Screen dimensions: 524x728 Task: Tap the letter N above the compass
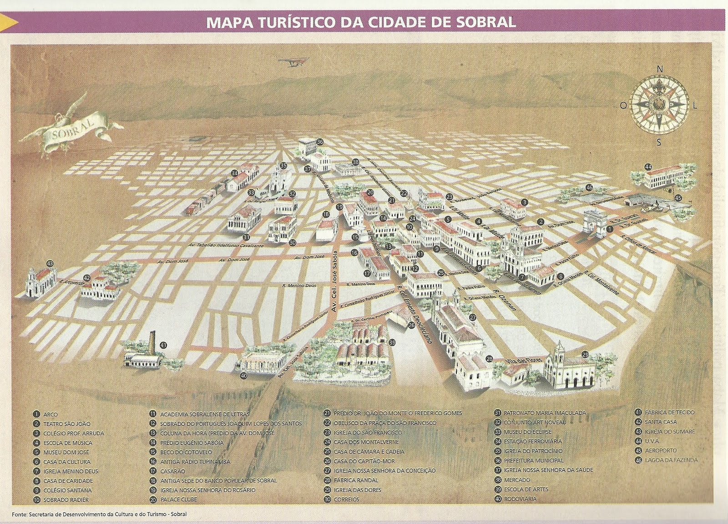658,69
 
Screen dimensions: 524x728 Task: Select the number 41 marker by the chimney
163,345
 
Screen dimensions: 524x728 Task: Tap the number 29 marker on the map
585,355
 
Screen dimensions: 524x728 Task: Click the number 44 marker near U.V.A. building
648,166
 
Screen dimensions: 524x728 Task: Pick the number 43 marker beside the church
50,263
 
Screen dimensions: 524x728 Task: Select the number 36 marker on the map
319,142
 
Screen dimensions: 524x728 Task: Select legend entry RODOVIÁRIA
521,499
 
